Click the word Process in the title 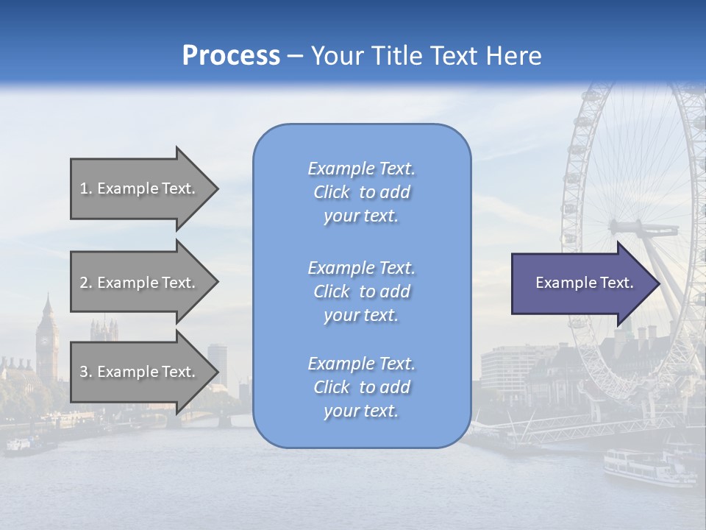231,55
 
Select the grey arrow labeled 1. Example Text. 140,188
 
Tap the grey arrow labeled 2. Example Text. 140,283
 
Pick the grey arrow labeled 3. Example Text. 140,372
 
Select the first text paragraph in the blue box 361,192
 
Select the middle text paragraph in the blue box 361,291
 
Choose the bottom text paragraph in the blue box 361,387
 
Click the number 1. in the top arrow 86,188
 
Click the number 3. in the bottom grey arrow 86,372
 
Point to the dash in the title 295,56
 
